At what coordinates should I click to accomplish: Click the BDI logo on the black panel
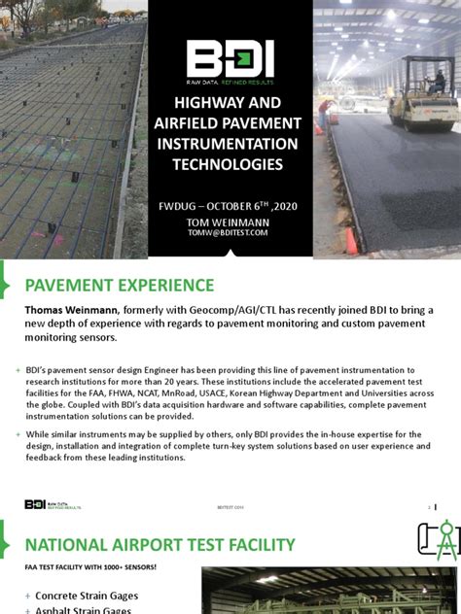(x=230, y=60)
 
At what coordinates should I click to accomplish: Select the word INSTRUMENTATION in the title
(x=230, y=143)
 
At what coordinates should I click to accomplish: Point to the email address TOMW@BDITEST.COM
(x=230, y=233)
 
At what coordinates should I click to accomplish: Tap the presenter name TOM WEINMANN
(x=230, y=222)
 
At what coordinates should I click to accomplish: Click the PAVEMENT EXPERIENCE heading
(x=120, y=286)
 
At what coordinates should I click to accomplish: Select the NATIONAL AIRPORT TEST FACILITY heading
(x=160, y=544)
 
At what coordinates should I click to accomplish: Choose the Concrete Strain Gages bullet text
(x=87, y=596)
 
